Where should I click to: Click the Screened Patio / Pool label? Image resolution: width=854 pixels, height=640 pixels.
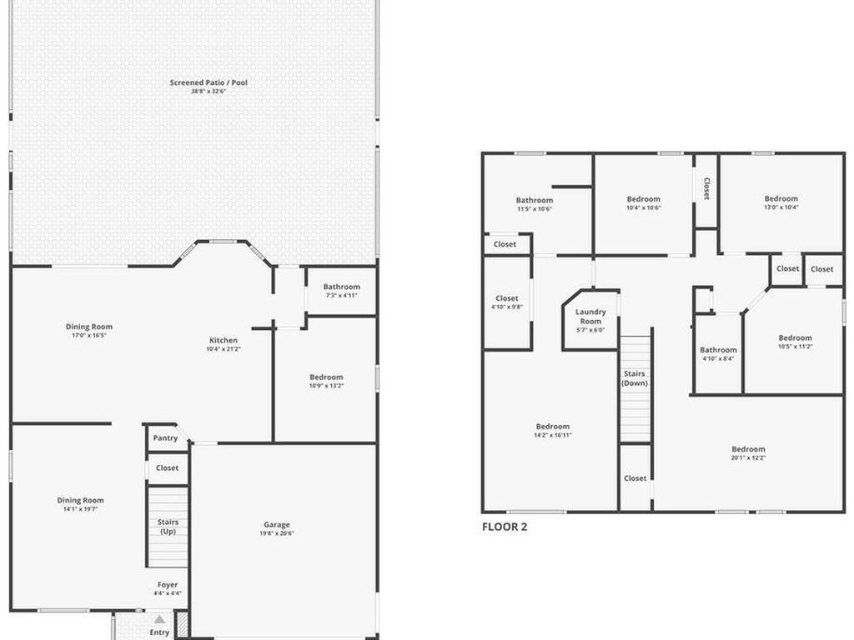coord(208,82)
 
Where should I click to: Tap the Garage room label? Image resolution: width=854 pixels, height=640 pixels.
coord(277,525)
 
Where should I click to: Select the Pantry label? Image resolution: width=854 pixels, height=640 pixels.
coord(165,438)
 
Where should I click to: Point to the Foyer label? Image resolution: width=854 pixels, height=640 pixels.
coord(168,585)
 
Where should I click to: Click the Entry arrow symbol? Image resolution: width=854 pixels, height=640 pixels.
coord(159,619)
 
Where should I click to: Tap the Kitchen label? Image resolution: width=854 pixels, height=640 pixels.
coord(224,340)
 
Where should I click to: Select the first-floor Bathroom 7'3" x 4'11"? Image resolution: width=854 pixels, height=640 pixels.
coord(341,291)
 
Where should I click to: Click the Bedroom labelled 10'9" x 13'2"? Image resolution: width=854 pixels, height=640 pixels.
coord(326,381)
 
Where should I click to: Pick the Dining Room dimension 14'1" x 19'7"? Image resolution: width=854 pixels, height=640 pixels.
coord(81,508)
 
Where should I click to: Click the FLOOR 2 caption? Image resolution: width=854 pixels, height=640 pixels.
coord(505,527)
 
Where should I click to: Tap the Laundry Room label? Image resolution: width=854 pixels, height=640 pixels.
coord(590,317)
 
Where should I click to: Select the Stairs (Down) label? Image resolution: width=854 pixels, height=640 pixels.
coord(635,378)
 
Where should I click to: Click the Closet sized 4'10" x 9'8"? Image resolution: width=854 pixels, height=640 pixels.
coord(507,302)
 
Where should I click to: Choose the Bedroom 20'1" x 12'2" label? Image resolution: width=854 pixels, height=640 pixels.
coord(748,453)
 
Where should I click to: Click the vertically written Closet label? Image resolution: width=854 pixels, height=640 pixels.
coord(706,189)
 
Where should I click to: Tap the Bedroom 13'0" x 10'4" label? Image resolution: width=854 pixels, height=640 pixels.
coord(781,202)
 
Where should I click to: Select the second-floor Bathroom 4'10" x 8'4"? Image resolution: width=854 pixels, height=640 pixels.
coord(718,353)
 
